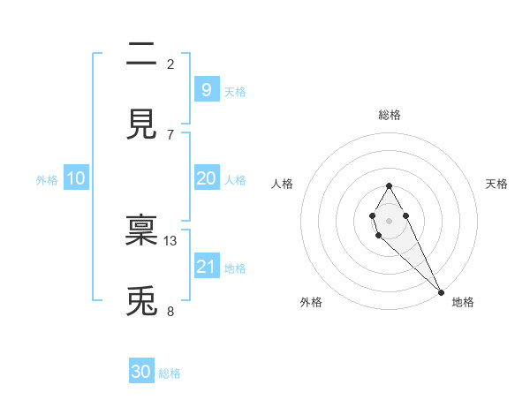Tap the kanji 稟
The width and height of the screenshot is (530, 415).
pyautogui.click(x=141, y=230)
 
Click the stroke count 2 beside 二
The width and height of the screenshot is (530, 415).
pyautogui.click(x=170, y=64)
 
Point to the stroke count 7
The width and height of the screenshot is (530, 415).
pyautogui.click(x=170, y=134)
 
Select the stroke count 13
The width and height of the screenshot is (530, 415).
pyautogui.click(x=170, y=240)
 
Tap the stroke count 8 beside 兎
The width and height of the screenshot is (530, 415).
pyautogui.click(x=170, y=311)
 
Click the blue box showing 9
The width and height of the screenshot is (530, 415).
pyautogui.click(x=206, y=89)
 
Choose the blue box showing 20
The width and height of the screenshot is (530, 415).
pyautogui.click(x=206, y=178)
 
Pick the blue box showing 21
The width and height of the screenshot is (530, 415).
pyautogui.click(x=206, y=267)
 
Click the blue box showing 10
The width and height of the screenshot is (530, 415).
pyautogui.click(x=75, y=178)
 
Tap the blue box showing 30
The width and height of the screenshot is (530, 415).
pyautogui.click(x=140, y=372)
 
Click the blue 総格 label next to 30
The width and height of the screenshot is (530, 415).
pyautogui.click(x=170, y=373)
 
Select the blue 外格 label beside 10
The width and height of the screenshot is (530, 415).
pyautogui.click(x=47, y=180)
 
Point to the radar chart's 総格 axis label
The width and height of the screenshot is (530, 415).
pyautogui.click(x=389, y=115)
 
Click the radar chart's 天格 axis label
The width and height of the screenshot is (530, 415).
pyautogui.click(x=497, y=184)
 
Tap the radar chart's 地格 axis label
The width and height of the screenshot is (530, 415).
pyautogui.click(x=463, y=302)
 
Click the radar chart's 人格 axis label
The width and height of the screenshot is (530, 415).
pyautogui.click(x=283, y=184)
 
